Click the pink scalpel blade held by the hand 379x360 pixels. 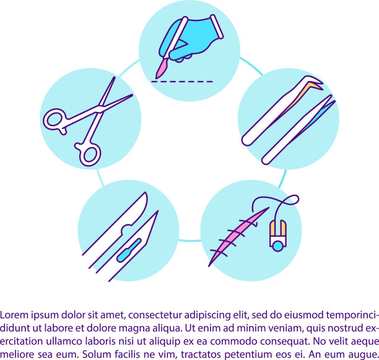pyautogui.click(x=160, y=69)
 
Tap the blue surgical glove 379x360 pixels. pyautogui.click(x=191, y=38)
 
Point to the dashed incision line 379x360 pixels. pyautogui.click(x=182, y=82)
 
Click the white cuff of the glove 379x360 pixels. pyautogui.click(x=217, y=27)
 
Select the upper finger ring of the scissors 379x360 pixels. pyautogui.click(x=54, y=120)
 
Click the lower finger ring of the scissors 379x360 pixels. pyautogui.click(x=89, y=154)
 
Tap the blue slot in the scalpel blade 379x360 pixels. pyautogui.click(x=129, y=250)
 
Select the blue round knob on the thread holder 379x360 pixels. pyautogui.click(x=277, y=246)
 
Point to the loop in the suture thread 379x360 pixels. pyautogui.click(x=291, y=200)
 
